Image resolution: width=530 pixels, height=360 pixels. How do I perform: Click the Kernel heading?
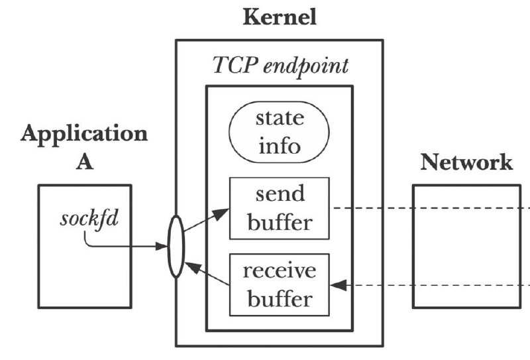280,17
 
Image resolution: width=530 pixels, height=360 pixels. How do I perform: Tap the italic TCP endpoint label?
280,66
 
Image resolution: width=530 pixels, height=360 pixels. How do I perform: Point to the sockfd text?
89,219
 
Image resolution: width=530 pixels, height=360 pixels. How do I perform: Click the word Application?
84,135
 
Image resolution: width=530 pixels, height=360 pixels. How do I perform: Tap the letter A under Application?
84,162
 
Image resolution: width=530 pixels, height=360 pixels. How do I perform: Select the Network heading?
466,162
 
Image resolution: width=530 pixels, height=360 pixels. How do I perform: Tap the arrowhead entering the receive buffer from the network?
339,285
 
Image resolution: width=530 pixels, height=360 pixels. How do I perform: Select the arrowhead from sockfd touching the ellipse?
162,247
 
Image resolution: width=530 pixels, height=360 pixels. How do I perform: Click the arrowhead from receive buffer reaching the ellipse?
193,267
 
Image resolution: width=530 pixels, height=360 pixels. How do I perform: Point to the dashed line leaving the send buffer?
432,208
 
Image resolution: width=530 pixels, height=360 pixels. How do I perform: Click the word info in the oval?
280,146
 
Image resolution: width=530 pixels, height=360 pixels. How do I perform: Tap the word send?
280,194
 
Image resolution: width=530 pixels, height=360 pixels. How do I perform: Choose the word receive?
280,270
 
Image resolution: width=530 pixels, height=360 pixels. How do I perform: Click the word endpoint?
306,66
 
